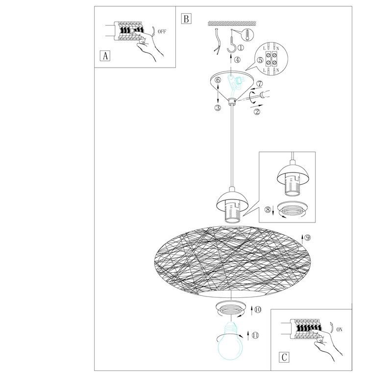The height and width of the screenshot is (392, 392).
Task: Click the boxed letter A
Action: [x=105, y=56]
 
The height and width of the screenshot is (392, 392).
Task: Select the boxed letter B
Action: [x=186, y=19]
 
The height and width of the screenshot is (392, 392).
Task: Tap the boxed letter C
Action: [x=284, y=357]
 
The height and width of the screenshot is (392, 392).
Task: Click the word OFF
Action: [x=162, y=32]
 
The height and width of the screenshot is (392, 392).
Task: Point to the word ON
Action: [x=339, y=330]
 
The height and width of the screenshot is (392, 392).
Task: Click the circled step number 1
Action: [x=241, y=47]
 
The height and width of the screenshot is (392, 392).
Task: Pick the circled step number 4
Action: [x=237, y=60]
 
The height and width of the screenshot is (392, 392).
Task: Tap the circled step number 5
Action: [x=260, y=60]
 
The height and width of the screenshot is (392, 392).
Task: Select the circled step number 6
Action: [x=218, y=80]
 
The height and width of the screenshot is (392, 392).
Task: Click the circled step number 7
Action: [x=260, y=84]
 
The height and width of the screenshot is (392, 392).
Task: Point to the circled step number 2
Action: [x=257, y=112]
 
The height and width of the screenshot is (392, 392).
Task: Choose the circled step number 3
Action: [x=218, y=108]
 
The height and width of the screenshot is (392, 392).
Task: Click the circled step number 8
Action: [x=268, y=210]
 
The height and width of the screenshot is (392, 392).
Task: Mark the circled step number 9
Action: [x=308, y=238]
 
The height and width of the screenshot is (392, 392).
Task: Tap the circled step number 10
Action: [x=258, y=310]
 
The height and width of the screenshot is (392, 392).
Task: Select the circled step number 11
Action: [x=255, y=335]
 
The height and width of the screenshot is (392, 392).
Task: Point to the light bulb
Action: [x=230, y=341]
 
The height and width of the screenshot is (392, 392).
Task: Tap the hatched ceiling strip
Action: [x=232, y=23]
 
